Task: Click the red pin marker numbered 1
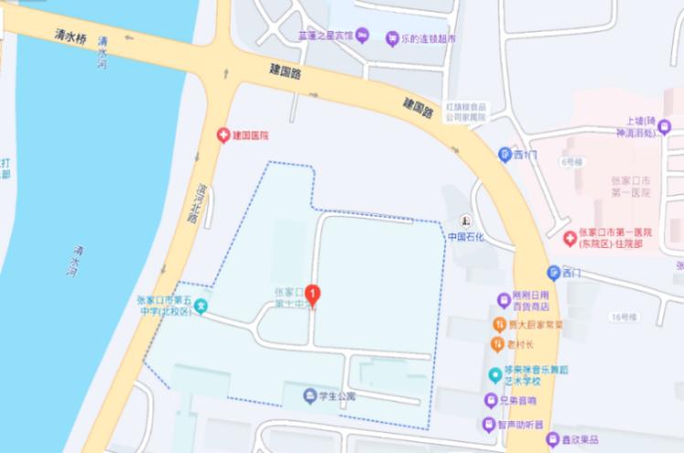point(313,295)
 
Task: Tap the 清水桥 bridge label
point(69,36)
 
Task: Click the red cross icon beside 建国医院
point(222,135)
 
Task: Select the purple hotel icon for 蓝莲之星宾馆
point(362,36)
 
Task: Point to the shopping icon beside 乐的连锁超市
point(392,38)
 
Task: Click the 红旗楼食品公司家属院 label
point(466,113)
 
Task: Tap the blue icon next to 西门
point(504,155)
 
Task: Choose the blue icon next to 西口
point(552,272)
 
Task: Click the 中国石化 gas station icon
point(465,221)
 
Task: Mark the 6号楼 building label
point(572,162)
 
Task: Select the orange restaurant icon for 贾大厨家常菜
point(499,324)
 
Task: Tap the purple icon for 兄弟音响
point(491,400)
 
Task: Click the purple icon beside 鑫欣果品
point(552,440)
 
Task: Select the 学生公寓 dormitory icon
point(308,396)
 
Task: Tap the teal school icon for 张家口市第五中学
point(200,306)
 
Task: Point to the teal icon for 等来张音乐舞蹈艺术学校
point(495,374)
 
